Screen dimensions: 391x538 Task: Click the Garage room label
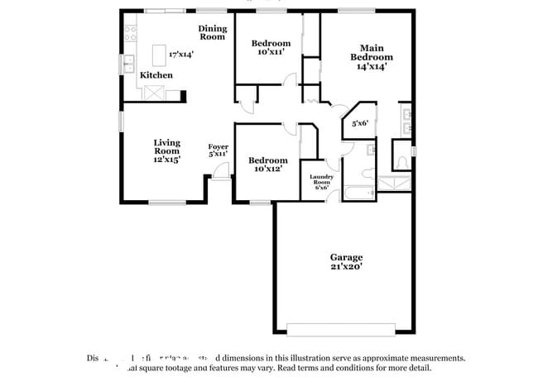click(x=345, y=257)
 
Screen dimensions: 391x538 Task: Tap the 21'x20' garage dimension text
click(x=345, y=267)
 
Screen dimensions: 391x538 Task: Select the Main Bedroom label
click(x=370, y=52)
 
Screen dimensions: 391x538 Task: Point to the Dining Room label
click(x=212, y=32)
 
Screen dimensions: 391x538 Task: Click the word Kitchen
click(x=156, y=75)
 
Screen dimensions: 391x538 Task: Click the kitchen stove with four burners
click(x=129, y=34)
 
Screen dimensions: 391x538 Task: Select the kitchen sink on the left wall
click(x=128, y=64)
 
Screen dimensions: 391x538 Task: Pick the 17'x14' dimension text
click(x=180, y=55)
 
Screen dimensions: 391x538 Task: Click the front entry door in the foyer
click(x=220, y=170)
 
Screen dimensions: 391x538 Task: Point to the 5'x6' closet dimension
click(x=359, y=123)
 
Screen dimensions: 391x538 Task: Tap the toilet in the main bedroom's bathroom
click(x=402, y=160)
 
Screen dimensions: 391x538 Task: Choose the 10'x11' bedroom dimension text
click(x=271, y=51)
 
